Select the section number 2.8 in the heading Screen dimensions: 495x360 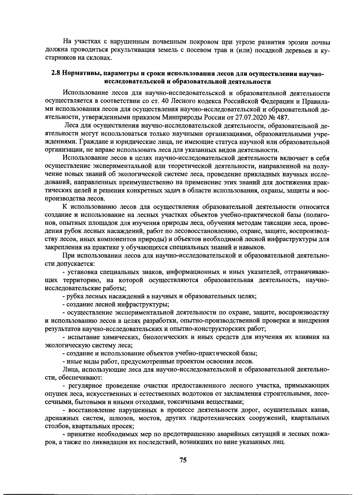[x=56, y=73]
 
